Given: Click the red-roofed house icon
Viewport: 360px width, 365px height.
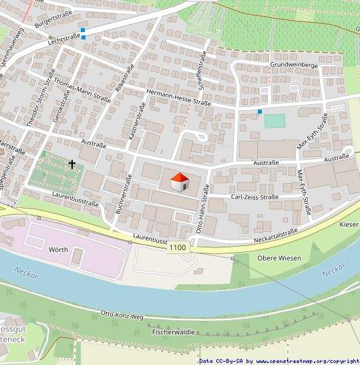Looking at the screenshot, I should [179, 182].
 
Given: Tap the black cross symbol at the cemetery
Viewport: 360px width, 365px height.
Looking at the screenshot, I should [71, 163].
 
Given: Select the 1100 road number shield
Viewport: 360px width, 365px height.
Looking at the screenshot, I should [178, 248].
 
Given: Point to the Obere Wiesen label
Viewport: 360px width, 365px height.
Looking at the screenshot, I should [279, 258].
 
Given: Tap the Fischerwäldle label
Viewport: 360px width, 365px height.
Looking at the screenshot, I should [174, 332].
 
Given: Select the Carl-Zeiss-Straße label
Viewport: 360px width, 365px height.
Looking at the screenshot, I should [254, 197].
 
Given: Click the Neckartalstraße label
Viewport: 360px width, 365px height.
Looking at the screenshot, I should [275, 232].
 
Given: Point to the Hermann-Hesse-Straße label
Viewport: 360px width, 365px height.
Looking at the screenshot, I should [178, 98].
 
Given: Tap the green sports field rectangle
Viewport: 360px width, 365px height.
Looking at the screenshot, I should [275, 121].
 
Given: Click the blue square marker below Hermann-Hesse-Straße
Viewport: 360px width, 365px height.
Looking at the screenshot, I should [259, 111].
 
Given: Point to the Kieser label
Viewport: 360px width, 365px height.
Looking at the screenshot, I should [349, 224].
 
